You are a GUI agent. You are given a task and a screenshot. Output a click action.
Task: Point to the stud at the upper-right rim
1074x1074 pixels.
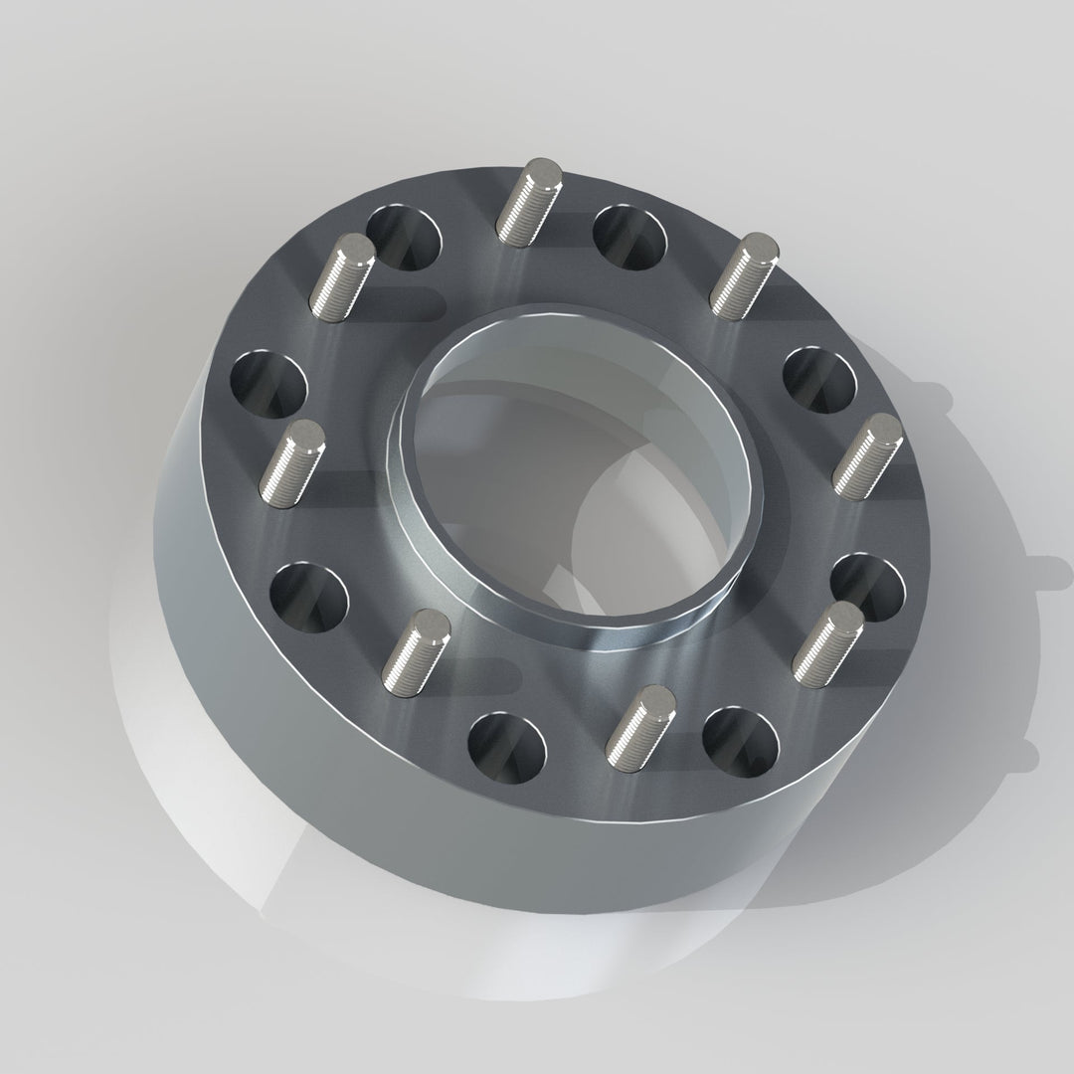click(x=744, y=273)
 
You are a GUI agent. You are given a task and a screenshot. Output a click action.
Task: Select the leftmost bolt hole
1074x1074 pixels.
click(x=268, y=383)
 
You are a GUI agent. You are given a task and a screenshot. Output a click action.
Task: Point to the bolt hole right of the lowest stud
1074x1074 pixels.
click(x=740, y=742)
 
